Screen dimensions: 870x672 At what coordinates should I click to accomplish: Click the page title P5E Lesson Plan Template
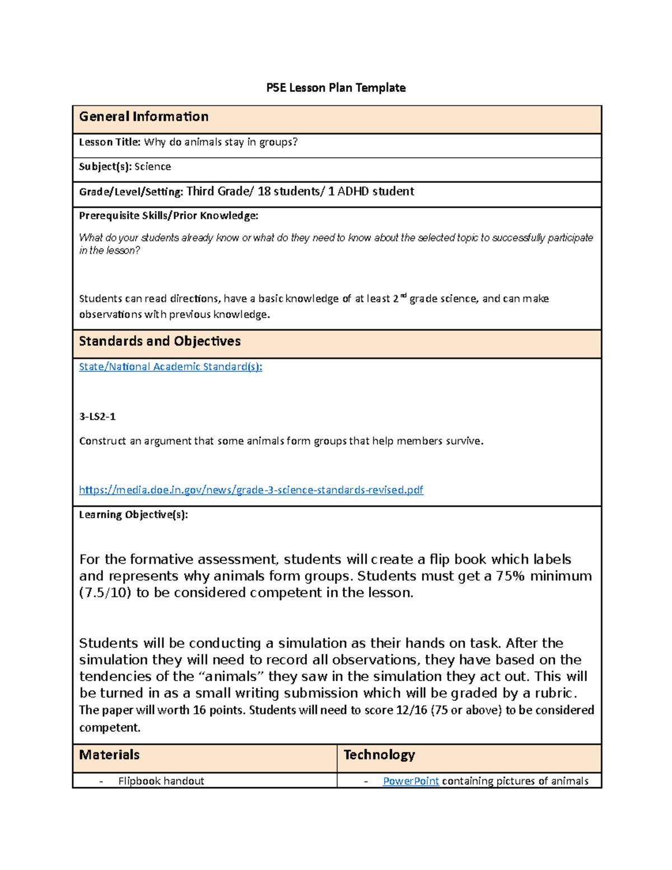(x=336, y=88)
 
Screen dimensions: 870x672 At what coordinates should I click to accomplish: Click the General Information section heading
(x=143, y=117)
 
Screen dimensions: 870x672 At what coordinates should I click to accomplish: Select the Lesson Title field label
(x=110, y=142)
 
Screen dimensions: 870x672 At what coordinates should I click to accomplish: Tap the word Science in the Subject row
(x=152, y=167)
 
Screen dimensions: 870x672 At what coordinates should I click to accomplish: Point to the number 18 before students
(x=264, y=192)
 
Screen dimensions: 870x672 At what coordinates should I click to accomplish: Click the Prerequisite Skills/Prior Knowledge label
(x=169, y=216)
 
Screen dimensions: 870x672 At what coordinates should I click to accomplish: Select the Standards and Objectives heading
(x=160, y=341)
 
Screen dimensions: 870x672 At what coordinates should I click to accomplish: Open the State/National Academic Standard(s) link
(x=170, y=367)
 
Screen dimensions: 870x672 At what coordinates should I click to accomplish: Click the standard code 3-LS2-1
(x=97, y=417)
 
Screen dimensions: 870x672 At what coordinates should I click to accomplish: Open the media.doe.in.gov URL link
(x=251, y=490)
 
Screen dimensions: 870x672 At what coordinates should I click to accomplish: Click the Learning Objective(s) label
(x=133, y=515)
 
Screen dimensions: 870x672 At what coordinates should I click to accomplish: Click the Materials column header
(x=109, y=755)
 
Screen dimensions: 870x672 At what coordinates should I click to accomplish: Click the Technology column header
(x=379, y=755)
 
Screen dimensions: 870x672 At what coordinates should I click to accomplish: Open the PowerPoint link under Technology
(x=410, y=781)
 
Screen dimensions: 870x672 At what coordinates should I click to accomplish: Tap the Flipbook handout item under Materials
(x=161, y=781)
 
